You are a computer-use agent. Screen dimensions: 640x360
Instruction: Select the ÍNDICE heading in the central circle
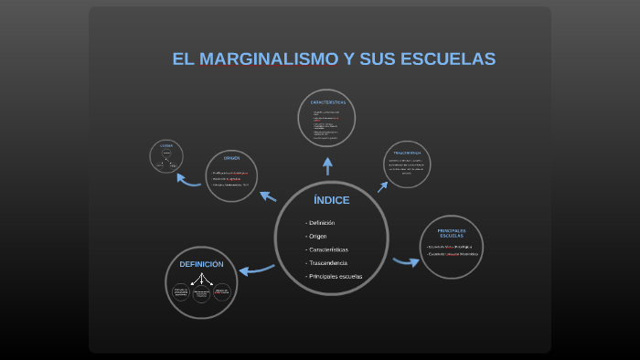point(331,200)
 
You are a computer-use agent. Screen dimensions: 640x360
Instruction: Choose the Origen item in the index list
point(318,236)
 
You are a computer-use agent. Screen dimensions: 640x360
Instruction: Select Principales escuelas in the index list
point(336,276)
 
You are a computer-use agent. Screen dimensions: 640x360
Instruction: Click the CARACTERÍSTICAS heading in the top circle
point(327,102)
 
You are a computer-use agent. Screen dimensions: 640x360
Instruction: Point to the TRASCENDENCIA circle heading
point(407,152)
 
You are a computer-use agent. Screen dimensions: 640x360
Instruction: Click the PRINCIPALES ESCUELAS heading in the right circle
point(452,232)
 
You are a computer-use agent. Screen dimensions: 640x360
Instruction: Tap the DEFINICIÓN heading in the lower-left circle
point(201,264)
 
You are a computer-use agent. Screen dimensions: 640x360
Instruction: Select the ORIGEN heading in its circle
point(231,158)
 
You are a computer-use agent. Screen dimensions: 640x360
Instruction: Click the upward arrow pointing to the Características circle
point(327,165)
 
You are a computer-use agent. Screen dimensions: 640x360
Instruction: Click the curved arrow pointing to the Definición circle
point(257,269)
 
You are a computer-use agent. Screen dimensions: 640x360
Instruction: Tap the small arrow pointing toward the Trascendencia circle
point(382,185)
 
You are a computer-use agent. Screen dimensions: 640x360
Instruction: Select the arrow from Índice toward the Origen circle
point(268,195)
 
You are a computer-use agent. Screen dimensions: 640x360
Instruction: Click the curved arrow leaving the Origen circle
point(188,180)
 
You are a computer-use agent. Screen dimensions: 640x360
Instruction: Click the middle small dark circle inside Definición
point(201,293)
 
